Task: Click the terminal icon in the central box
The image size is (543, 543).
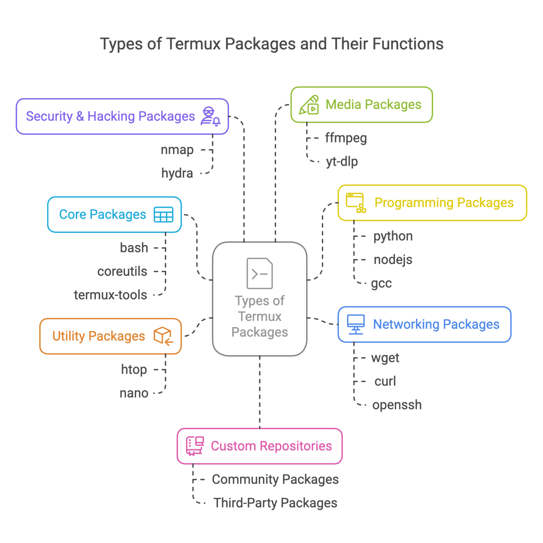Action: (x=259, y=273)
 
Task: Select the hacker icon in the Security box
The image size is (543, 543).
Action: (x=210, y=116)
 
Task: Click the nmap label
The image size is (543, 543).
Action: (x=177, y=150)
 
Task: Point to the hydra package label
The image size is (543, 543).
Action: (x=177, y=173)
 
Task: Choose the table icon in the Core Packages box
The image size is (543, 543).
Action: (x=163, y=215)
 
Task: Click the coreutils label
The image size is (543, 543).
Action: (x=122, y=271)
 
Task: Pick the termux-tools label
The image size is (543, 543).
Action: (x=110, y=295)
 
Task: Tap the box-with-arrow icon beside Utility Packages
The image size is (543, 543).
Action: (x=163, y=336)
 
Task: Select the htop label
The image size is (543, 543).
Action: (x=134, y=369)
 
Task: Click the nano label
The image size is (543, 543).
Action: (x=134, y=393)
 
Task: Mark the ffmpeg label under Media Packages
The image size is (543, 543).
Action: (x=346, y=138)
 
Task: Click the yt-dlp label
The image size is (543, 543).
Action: (x=341, y=162)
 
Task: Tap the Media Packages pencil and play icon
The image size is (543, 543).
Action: (x=309, y=105)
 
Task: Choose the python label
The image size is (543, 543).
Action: (x=393, y=236)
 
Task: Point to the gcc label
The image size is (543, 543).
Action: (x=381, y=284)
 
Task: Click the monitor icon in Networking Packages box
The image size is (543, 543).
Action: (x=355, y=324)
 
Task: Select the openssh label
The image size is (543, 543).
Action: (x=397, y=405)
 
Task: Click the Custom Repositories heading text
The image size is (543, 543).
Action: (x=271, y=446)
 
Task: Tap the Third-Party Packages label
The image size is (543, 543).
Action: (x=275, y=503)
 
